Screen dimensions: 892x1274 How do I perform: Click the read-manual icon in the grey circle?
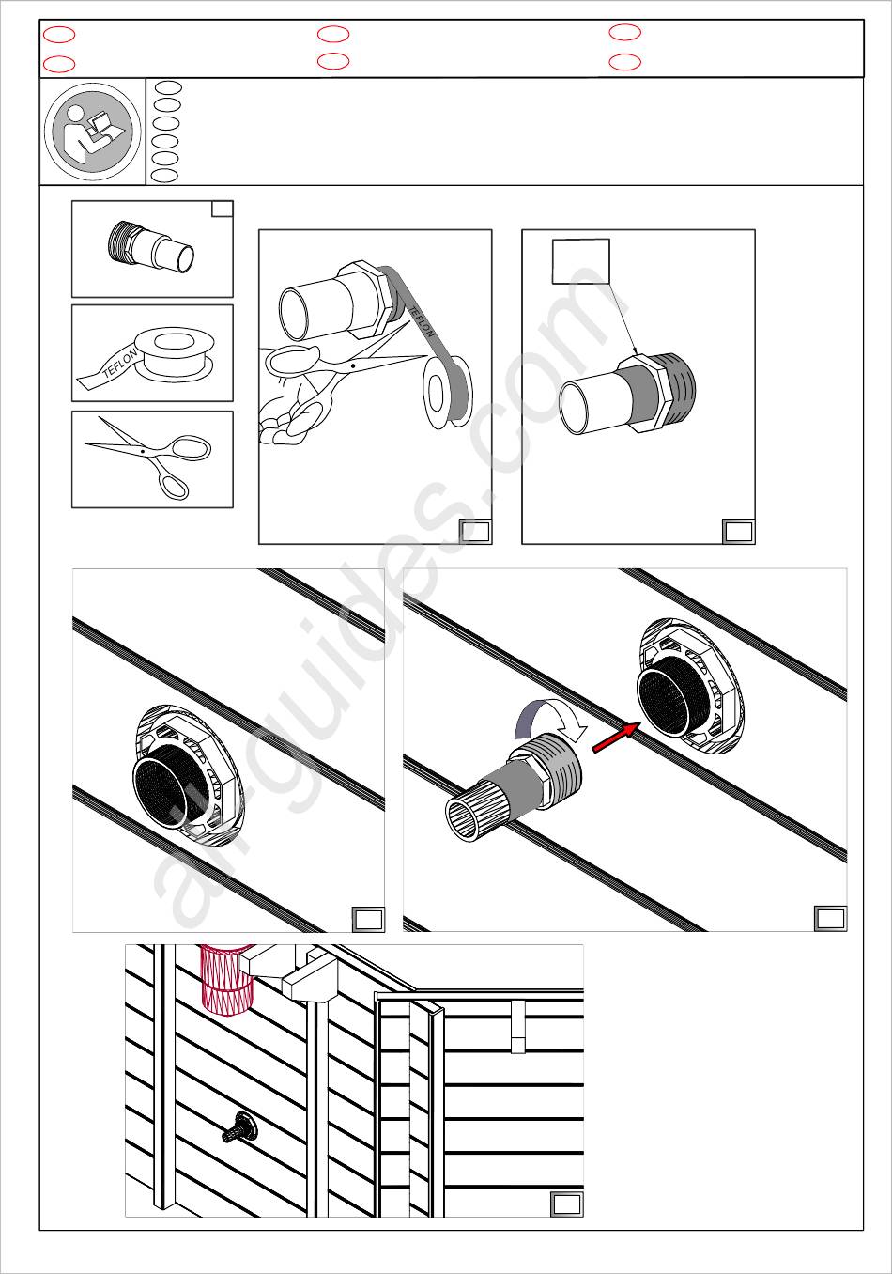point(93,132)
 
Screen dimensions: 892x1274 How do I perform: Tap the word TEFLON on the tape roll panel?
point(120,364)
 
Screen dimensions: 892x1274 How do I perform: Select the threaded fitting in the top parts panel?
point(150,250)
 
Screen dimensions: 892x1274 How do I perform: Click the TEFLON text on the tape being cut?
point(422,321)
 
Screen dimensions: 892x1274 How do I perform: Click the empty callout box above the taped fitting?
point(580,261)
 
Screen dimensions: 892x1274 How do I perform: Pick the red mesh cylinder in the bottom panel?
point(226,978)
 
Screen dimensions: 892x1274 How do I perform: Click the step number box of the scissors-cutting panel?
point(475,532)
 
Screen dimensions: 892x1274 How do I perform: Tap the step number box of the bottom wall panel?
point(567,1204)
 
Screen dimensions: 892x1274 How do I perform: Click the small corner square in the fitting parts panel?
point(223,209)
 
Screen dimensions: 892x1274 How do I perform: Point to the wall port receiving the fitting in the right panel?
point(689,687)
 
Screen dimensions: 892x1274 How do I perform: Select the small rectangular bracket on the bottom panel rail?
point(518,1027)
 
